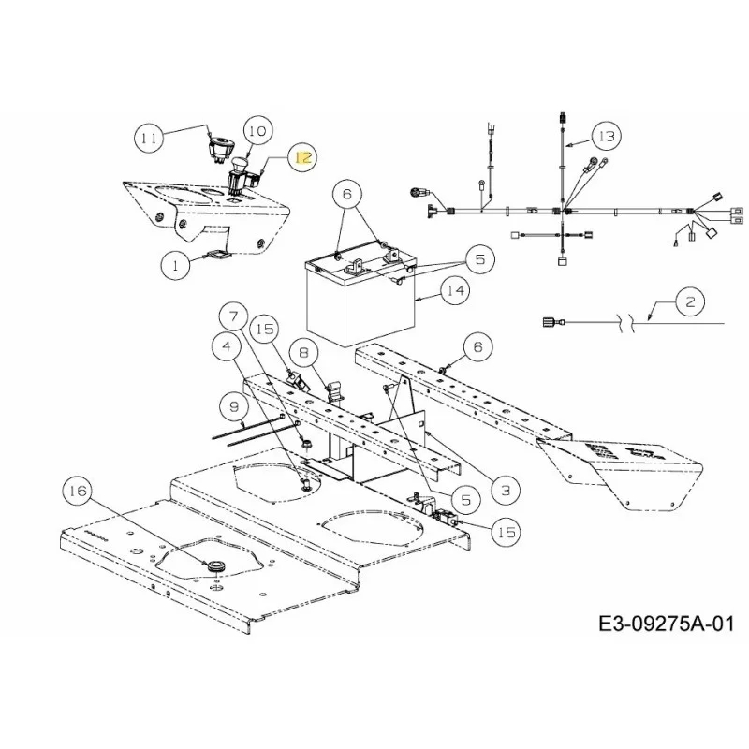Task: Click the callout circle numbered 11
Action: (x=149, y=138)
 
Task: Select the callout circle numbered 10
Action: (x=257, y=130)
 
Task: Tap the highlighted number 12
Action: (x=303, y=157)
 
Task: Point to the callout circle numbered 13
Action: (x=606, y=137)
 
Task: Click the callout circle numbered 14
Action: (x=455, y=289)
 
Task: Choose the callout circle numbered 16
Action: (x=79, y=490)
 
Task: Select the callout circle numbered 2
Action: (x=691, y=301)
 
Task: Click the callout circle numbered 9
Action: (x=234, y=407)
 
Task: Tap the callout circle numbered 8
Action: (x=303, y=353)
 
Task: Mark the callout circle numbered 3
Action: (x=506, y=490)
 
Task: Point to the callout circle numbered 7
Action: (x=233, y=316)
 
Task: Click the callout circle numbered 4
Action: (x=227, y=345)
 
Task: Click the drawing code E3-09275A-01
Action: (x=667, y=623)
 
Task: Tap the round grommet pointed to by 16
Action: (x=212, y=565)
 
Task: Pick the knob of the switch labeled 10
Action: (x=239, y=164)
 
